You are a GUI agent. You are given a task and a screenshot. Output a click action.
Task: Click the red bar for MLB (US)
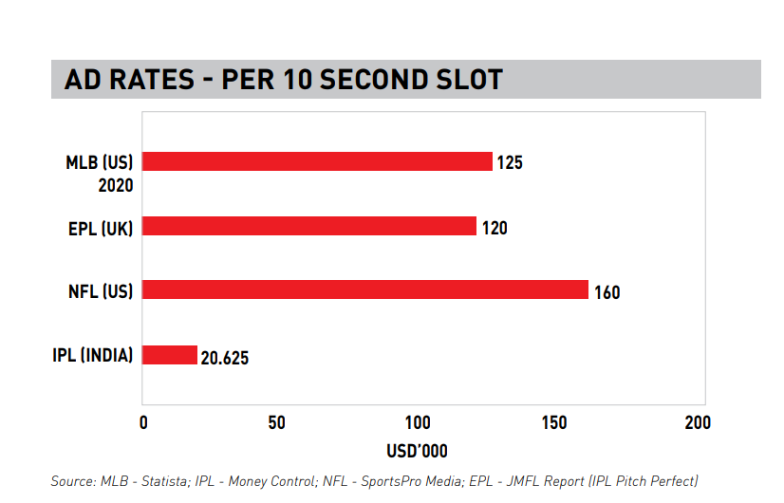(317, 161)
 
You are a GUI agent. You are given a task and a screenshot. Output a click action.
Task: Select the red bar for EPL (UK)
(308, 226)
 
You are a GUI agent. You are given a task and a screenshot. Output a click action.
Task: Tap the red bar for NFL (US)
(365, 290)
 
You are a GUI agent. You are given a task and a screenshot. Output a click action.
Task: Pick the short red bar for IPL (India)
(170, 355)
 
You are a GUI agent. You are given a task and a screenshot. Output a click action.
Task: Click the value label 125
(510, 163)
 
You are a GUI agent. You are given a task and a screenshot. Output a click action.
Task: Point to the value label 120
(495, 228)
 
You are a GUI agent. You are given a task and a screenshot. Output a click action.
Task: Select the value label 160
(607, 292)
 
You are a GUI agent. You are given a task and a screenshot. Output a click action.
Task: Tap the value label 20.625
(225, 359)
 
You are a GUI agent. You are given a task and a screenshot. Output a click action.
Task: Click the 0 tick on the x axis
(143, 422)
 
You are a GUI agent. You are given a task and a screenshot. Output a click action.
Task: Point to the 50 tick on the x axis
(276, 422)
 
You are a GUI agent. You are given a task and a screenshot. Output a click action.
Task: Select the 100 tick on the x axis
(418, 422)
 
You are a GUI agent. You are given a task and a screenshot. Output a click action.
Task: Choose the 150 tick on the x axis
(557, 422)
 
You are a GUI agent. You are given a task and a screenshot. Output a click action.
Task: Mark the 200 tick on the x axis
(698, 422)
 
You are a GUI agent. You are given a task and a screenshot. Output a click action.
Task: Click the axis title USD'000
(417, 451)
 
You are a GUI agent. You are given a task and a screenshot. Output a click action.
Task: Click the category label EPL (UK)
(101, 227)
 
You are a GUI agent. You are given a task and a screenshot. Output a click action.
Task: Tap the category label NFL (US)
(101, 290)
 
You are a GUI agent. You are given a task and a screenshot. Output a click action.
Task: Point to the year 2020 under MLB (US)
(115, 185)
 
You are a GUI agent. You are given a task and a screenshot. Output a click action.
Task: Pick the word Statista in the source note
(160, 481)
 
